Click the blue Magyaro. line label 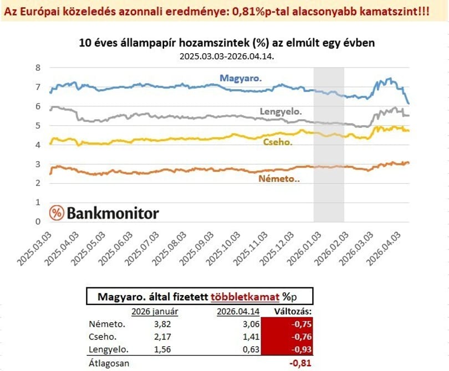(241, 78)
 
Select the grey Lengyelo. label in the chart (280, 111)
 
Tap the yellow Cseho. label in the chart (278, 142)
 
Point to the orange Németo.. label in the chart (279, 179)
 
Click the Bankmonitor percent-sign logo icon (57, 213)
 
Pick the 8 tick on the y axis (38, 68)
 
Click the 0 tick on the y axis (38, 221)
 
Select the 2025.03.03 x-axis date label (34, 249)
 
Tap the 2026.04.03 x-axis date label (384, 249)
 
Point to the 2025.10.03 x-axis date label (222, 249)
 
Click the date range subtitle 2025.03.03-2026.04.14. (227, 56)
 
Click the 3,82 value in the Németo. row (162, 324)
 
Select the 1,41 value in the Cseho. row (251, 337)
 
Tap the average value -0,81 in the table (300, 363)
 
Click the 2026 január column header (155, 312)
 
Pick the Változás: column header (293, 311)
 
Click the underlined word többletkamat (245, 297)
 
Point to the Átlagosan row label (109, 364)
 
